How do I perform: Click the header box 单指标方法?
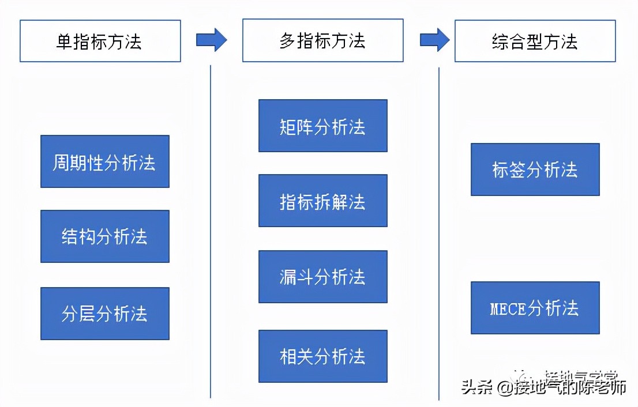click(x=100, y=41)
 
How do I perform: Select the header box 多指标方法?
click(x=322, y=41)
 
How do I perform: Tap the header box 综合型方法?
click(x=535, y=42)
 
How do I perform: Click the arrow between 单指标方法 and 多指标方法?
click(x=211, y=40)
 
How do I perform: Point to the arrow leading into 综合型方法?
click(x=434, y=40)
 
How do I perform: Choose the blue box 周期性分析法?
click(x=104, y=161)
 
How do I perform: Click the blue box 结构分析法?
click(x=104, y=236)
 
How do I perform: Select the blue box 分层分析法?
click(x=104, y=314)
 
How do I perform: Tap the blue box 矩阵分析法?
click(x=322, y=126)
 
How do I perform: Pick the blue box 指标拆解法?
click(x=322, y=201)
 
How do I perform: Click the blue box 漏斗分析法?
click(x=322, y=277)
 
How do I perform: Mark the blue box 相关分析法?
click(x=322, y=356)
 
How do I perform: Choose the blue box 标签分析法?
click(x=535, y=169)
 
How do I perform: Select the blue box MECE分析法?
click(x=535, y=308)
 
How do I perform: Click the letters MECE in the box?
click(x=508, y=308)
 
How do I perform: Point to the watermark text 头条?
click(x=476, y=387)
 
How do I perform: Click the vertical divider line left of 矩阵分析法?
click(x=211, y=231)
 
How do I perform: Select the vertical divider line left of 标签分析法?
click(x=439, y=231)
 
